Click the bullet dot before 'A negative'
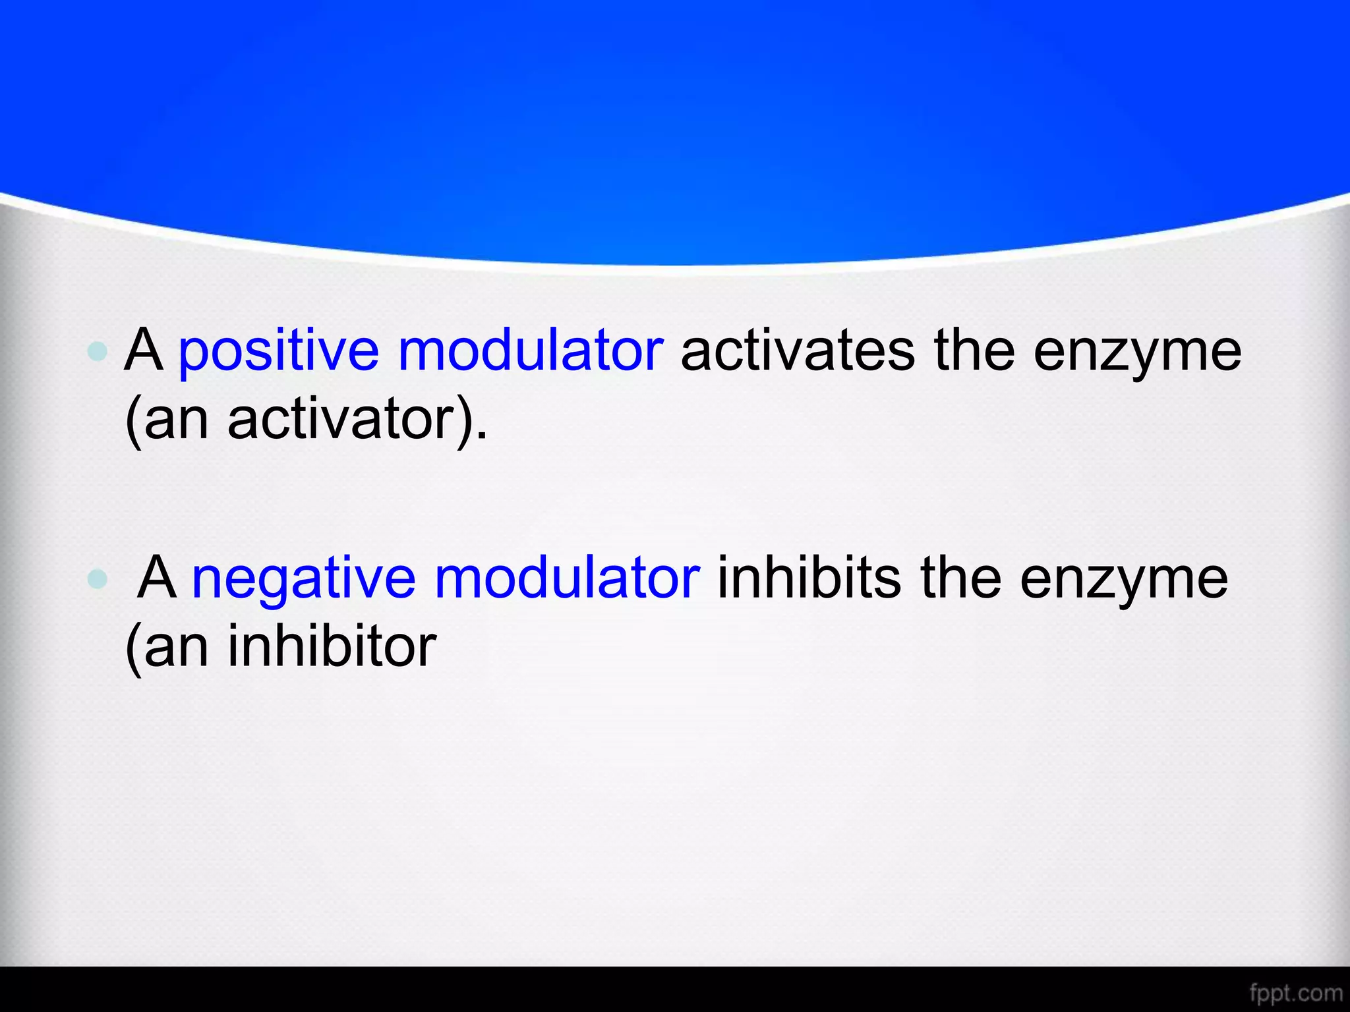pyautogui.click(x=98, y=578)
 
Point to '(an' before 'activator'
pyautogui.click(x=167, y=420)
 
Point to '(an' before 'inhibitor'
pyautogui.click(x=167, y=648)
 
